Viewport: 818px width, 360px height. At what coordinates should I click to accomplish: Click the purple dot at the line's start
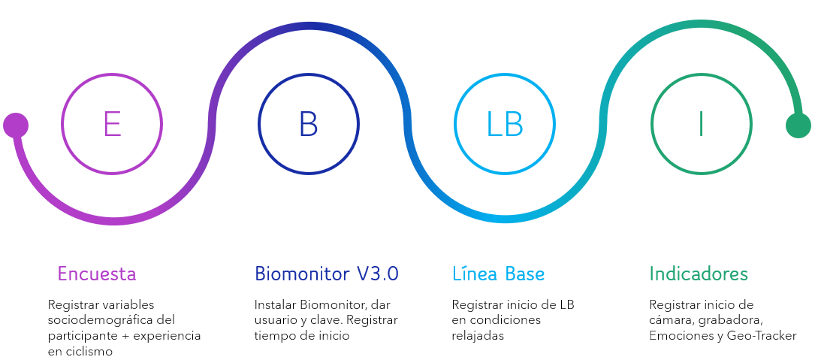tap(16, 126)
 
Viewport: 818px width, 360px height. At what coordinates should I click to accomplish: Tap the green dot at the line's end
tap(798, 126)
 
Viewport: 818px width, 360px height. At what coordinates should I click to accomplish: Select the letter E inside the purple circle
tap(112, 124)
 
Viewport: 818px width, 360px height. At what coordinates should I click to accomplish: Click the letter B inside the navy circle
tap(309, 124)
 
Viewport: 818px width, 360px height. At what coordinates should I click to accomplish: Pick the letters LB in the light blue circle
tap(505, 124)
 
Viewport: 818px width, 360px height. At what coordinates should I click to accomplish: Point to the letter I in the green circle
tap(701, 124)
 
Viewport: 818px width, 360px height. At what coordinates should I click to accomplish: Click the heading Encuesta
tap(96, 274)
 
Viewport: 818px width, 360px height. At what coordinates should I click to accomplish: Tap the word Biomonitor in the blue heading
tap(302, 274)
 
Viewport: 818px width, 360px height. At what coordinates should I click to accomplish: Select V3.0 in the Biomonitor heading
tap(378, 274)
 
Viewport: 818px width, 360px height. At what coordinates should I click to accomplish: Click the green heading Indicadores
tap(699, 274)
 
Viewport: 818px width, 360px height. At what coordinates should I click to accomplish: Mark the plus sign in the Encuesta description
tap(125, 336)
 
